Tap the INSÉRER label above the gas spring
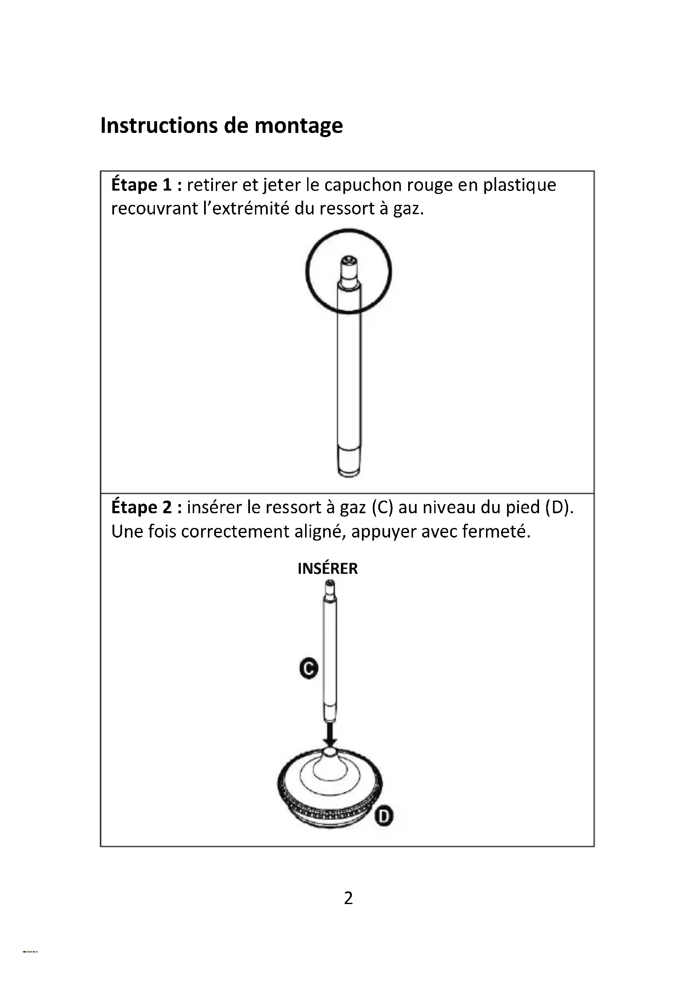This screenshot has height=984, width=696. (x=327, y=569)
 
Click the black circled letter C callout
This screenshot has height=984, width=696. (x=308, y=668)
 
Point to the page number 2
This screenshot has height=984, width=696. (x=348, y=898)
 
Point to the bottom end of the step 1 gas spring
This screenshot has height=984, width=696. (x=349, y=465)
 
